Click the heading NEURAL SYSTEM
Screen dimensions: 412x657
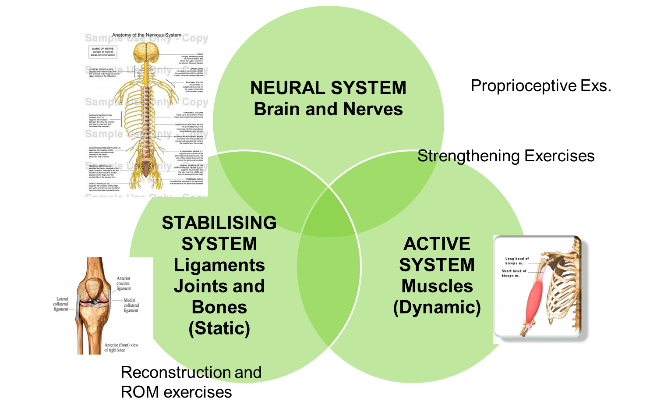(x=328, y=88)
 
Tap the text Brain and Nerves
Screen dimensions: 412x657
(x=328, y=109)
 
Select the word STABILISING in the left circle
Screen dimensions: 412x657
(x=219, y=223)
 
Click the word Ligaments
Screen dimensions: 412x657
(x=219, y=265)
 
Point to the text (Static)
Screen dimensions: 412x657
(x=219, y=328)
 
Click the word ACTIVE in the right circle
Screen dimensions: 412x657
(x=437, y=244)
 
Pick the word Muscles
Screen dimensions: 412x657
(x=437, y=286)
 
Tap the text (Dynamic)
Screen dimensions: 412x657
(x=437, y=307)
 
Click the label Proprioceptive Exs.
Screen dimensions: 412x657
(x=540, y=86)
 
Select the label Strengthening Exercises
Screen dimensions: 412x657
(x=506, y=156)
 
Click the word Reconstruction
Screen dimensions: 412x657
(x=176, y=373)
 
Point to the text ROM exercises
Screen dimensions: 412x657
(x=176, y=392)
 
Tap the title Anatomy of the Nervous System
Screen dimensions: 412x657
(x=146, y=35)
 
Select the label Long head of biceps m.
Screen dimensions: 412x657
(x=516, y=261)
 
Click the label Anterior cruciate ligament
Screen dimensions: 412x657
(x=124, y=283)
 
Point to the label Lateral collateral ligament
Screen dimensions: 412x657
(x=61, y=304)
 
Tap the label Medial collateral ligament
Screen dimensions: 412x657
(x=131, y=305)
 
